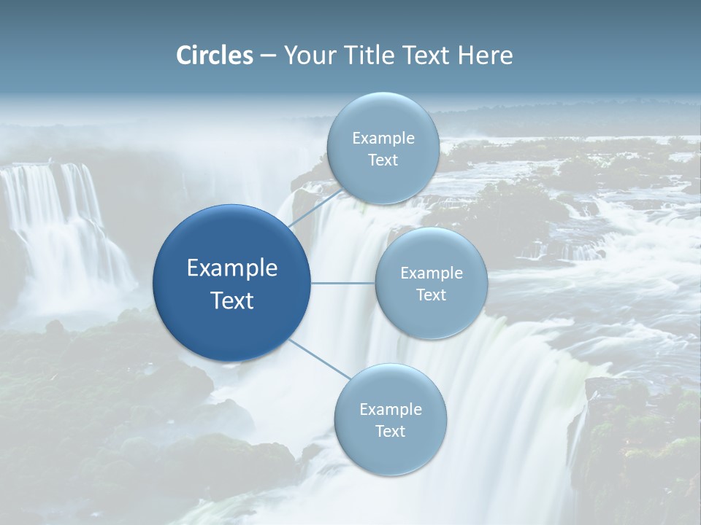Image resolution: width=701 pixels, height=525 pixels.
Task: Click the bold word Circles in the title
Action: [215, 55]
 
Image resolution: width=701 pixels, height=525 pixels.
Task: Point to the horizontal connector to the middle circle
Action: [343, 283]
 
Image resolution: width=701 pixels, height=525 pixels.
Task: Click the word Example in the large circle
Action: [232, 268]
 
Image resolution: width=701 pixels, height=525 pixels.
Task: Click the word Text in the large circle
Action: [232, 300]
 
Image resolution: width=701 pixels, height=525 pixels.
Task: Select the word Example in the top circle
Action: [383, 139]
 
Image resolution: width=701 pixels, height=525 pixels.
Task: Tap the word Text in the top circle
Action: [383, 160]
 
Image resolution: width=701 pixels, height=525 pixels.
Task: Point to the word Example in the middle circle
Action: [432, 273]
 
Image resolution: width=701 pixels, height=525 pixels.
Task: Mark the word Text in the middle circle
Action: [432, 295]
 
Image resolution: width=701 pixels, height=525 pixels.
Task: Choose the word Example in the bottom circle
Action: [390, 410]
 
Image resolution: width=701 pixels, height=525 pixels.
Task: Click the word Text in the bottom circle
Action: [390, 432]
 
